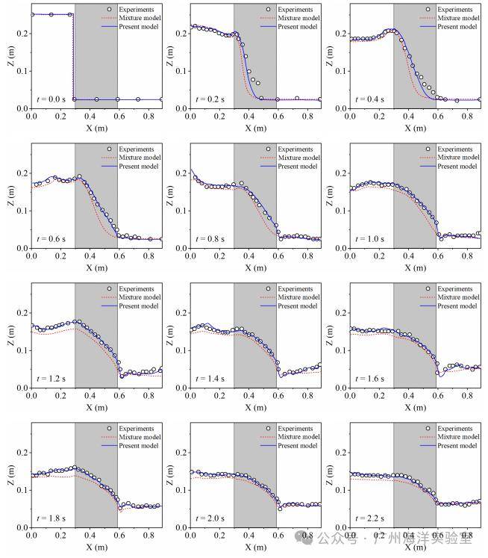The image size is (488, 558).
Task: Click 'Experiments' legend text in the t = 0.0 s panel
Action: pos(137,10)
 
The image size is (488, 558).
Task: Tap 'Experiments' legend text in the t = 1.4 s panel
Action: pos(295,289)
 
